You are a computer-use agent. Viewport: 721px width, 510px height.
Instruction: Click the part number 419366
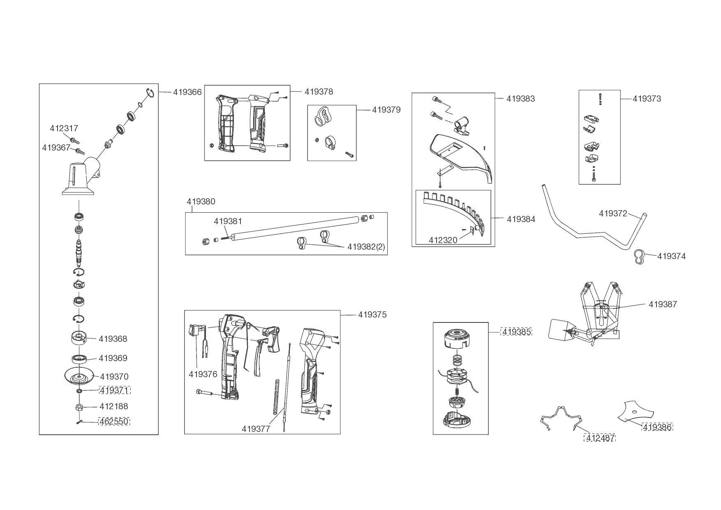coord(187,92)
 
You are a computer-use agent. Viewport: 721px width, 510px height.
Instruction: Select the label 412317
coord(64,128)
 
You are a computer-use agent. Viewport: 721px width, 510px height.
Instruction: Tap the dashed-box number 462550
coord(114,422)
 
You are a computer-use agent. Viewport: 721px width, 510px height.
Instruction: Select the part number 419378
coord(319,92)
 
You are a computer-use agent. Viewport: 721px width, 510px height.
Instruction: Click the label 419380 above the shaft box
coord(201,202)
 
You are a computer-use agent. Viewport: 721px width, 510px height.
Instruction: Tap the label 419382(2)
coord(366,247)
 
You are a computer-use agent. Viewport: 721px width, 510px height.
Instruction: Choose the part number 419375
coord(372,315)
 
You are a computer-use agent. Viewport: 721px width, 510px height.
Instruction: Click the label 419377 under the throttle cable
coord(256,429)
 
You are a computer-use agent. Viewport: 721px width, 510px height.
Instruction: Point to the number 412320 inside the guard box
coord(443,240)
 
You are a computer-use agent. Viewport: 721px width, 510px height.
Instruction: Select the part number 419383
coord(520,99)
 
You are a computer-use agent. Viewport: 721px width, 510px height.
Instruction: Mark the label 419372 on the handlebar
coord(613,213)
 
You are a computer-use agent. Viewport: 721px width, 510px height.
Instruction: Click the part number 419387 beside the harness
coord(663,304)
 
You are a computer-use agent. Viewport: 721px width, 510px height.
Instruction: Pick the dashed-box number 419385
coord(516,331)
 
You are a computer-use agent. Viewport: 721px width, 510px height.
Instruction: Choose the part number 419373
coord(647,99)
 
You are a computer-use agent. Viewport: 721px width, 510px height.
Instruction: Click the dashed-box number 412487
coord(600,438)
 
